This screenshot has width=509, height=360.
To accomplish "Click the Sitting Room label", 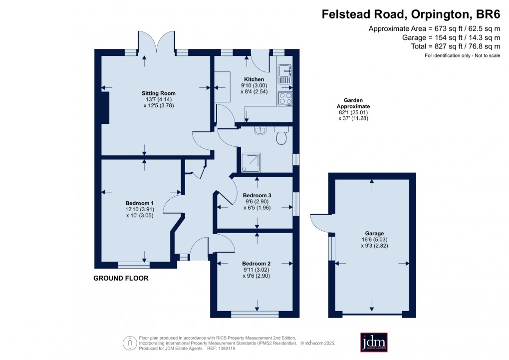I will point(158,93).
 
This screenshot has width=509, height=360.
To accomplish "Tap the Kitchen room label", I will point(254,80).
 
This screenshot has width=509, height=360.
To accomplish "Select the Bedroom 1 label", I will point(139,203).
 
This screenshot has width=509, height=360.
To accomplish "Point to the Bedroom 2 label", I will point(256,264).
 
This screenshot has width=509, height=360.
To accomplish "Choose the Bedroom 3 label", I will point(256,195).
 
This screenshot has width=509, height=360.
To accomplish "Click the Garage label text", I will point(374,234).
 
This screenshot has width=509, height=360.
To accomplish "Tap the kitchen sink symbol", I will point(284,73).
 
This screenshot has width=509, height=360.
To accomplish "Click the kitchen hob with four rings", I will point(285,98).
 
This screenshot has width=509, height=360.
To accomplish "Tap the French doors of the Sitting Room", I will point(157,43).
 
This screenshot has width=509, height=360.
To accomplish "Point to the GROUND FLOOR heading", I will point(121,278).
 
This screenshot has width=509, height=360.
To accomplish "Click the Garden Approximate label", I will point(353,103).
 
